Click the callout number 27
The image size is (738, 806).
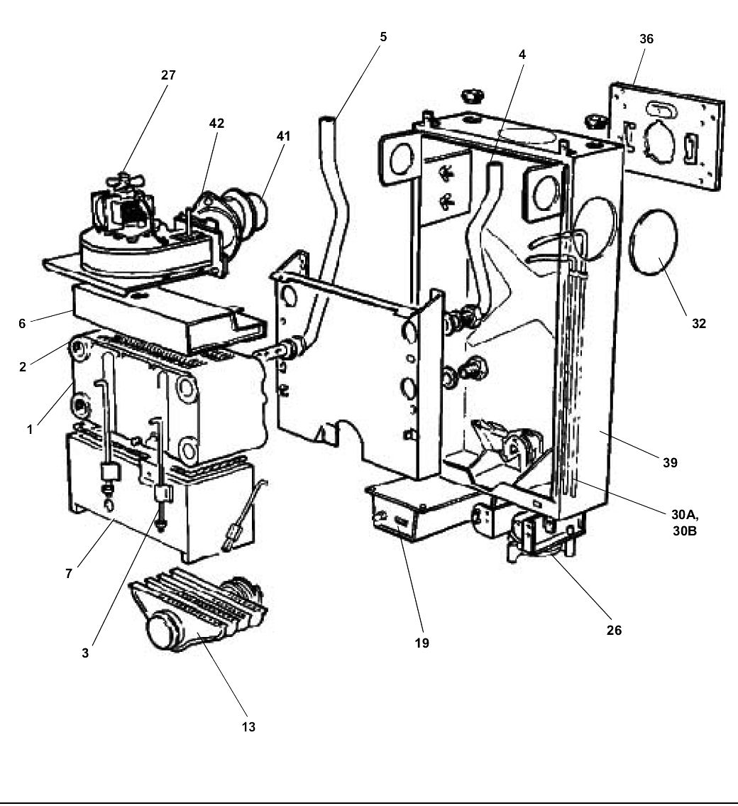pos(168,75)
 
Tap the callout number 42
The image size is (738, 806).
pos(216,123)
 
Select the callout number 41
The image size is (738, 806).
pos(284,135)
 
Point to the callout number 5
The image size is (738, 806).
pos(383,37)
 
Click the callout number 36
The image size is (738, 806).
pos(646,39)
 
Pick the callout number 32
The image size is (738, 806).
pos(699,323)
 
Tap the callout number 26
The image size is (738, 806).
pos(615,630)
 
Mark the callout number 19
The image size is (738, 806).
pos(423,644)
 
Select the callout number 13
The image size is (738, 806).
pos(248,726)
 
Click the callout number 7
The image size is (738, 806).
pos(69,573)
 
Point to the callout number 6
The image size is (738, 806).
pos(23,323)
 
